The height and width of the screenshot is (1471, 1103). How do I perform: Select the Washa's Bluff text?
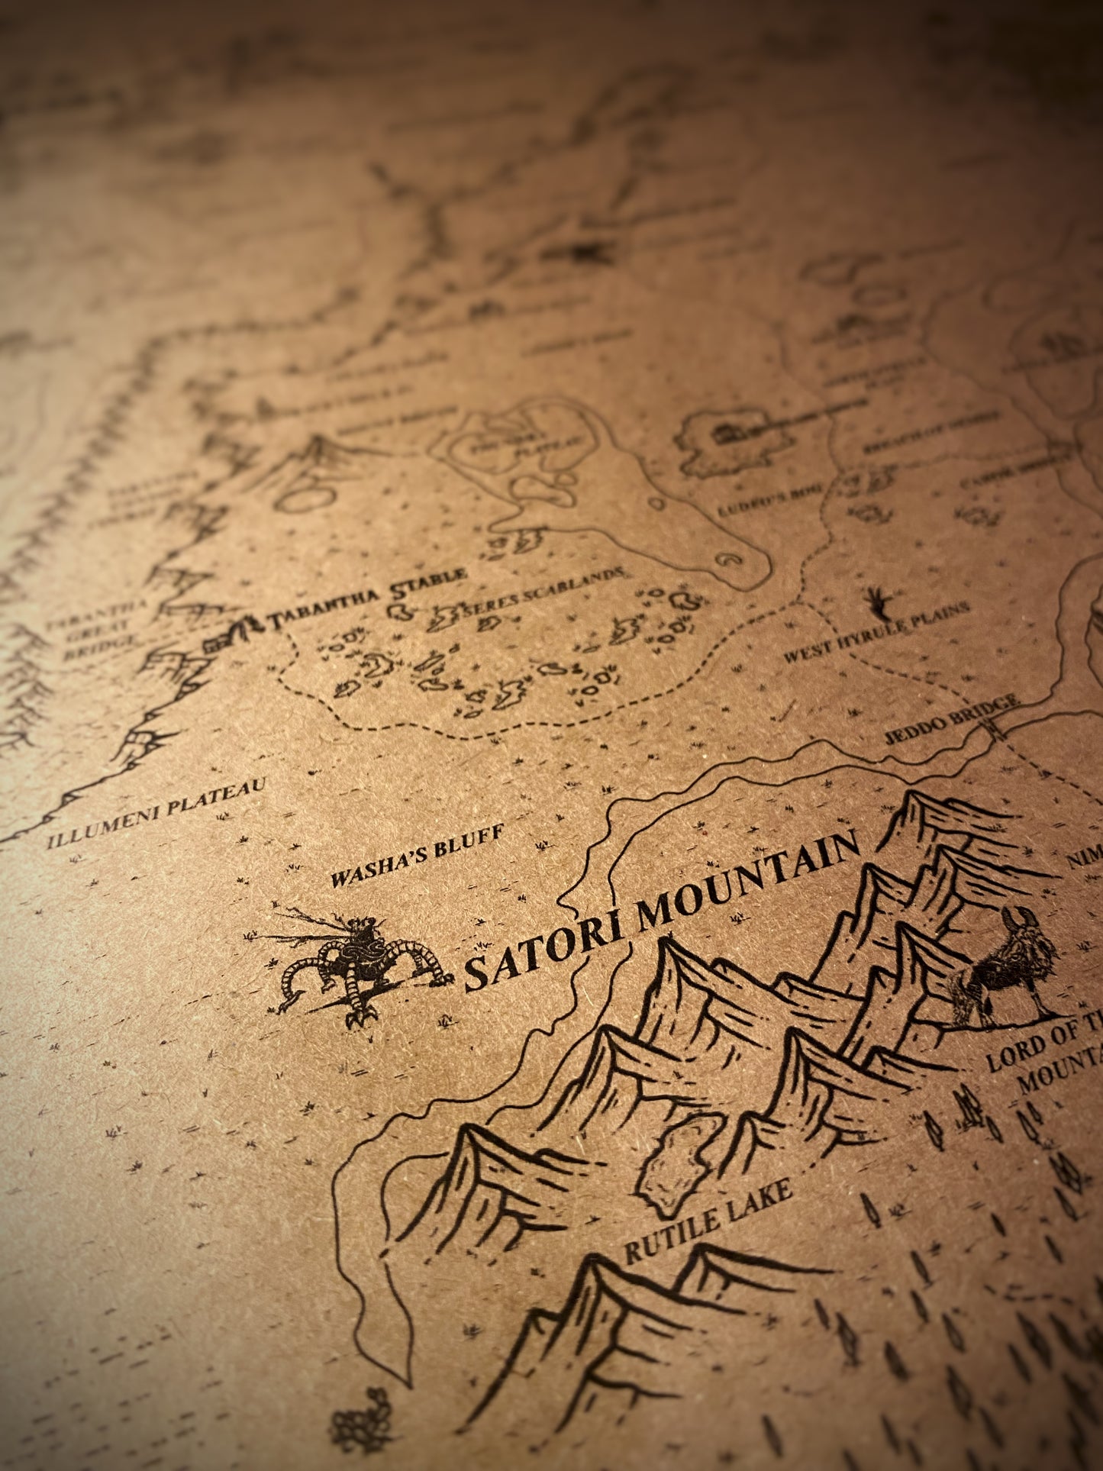pyautogui.click(x=417, y=856)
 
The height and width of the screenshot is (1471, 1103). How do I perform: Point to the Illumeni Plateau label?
pyautogui.click(x=156, y=814)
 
